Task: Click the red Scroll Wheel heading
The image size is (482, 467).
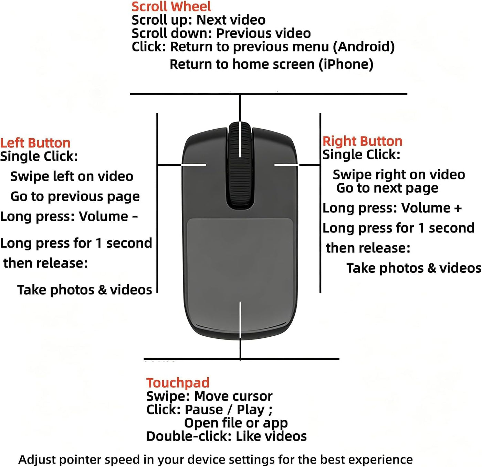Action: (x=171, y=7)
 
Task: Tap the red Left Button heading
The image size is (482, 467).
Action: (x=35, y=143)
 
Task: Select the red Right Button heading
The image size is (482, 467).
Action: (x=362, y=141)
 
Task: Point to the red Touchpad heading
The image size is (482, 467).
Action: (x=178, y=383)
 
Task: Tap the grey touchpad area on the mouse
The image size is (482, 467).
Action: (x=240, y=262)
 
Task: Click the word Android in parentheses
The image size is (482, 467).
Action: (x=364, y=47)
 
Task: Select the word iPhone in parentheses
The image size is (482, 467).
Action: (x=346, y=65)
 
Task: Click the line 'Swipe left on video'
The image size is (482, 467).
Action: (x=72, y=176)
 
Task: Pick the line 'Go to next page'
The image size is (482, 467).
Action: (x=387, y=188)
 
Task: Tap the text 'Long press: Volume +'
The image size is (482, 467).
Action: (x=392, y=208)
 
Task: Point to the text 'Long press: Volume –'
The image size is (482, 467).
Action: (x=69, y=217)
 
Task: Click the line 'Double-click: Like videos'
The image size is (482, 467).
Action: (x=227, y=436)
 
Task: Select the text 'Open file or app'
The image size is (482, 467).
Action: (x=236, y=423)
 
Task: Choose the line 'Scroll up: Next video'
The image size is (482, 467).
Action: (x=198, y=20)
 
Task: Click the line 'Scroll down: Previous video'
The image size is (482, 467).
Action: (x=221, y=33)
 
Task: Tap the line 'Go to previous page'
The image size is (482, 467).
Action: (x=75, y=197)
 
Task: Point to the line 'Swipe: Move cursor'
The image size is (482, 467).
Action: (x=209, y=396)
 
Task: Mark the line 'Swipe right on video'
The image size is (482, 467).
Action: (x=399, y=175)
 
